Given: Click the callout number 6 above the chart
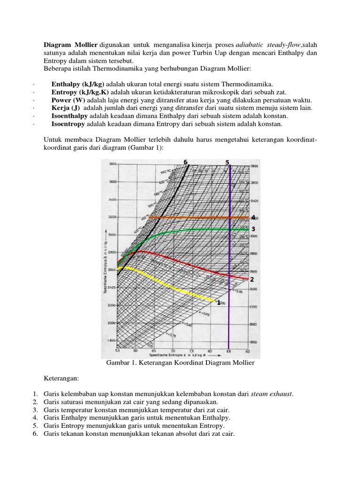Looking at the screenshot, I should pyautogui.click(x=186, y=163).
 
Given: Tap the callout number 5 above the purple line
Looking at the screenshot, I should pyautogui.click(x=228, y=163).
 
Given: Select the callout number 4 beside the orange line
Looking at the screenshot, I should pyautogui.click(x=253, y=217).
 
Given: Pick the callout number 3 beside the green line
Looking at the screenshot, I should pyautogui.click(x=253, y=229).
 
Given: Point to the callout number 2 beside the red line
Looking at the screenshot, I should pyautogui.click(x=252, y=279).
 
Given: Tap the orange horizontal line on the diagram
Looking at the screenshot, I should pyautogui.click(x=197, y=218).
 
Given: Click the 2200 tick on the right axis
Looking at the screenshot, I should pyautogui.click(x=253, y=306).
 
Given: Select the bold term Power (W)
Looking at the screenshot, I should pyautogui.click(x=68, y=100).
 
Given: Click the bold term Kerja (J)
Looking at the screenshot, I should pyautogui.click(x=66, y=108).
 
